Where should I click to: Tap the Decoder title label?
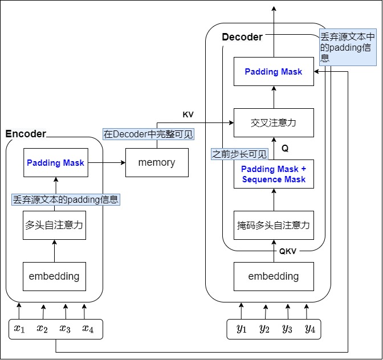tap(242, 37)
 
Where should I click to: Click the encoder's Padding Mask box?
tap(55, 162)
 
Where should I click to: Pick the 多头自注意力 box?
tap(55, 224)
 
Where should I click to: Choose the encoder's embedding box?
tap(55, 276)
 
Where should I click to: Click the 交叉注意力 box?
tap(274, 122)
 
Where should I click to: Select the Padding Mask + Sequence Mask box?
tap(274, 174)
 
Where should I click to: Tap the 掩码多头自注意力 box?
tap(274, 225)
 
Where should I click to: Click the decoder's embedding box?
tap(274, 276)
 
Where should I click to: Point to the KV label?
tap(188, 114)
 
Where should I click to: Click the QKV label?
tap(288, 251)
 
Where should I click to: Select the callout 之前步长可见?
tap(239, 154)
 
